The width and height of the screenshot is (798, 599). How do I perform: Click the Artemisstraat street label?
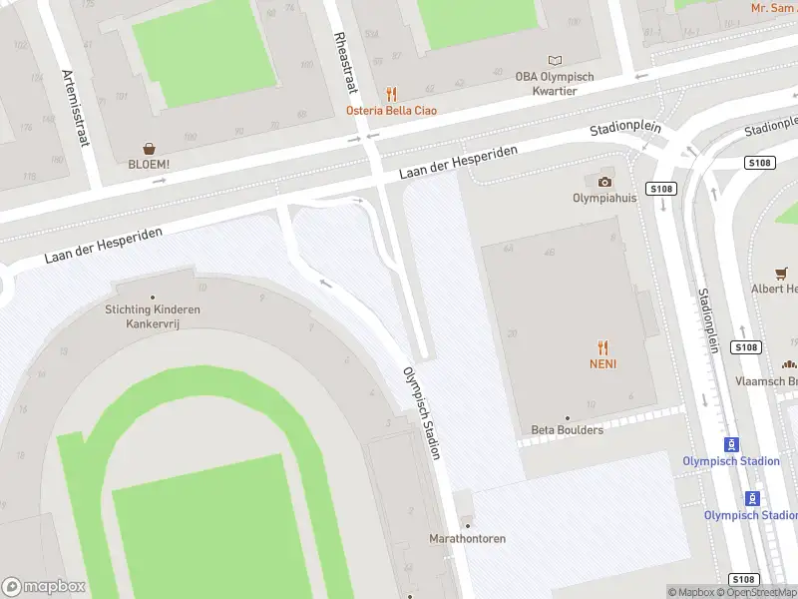click(x=76, y=109)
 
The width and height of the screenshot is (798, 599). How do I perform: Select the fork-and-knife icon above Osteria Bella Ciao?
click(x=391, y=94)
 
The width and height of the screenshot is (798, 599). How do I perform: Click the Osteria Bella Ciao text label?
click(x=391, y=111)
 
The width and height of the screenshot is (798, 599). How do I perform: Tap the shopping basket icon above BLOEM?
click(x=149, y=148)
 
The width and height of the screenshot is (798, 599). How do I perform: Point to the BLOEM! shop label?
click(x=149, y=165)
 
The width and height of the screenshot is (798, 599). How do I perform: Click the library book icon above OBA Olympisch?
click(x=556, y=61)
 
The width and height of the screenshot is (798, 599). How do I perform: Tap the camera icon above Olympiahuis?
click(x=604, y=181)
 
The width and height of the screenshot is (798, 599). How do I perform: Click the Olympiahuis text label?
click(x=604, y=198)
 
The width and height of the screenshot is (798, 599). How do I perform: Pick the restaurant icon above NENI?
click(x=602, y=347)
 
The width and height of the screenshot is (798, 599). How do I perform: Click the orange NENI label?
click(x=602, y=364)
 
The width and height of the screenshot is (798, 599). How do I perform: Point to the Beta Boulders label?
click(x=567, y=430)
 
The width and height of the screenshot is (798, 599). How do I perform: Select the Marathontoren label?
click(x=467, y=539)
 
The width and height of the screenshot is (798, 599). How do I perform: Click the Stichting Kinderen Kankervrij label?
click(x=153, y=316)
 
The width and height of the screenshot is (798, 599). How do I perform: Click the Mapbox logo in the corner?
click(x=44, y=587)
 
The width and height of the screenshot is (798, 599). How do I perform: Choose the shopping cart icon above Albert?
click(x=782, y=273)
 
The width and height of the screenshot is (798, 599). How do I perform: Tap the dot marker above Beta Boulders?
click(x=567, y=417)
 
